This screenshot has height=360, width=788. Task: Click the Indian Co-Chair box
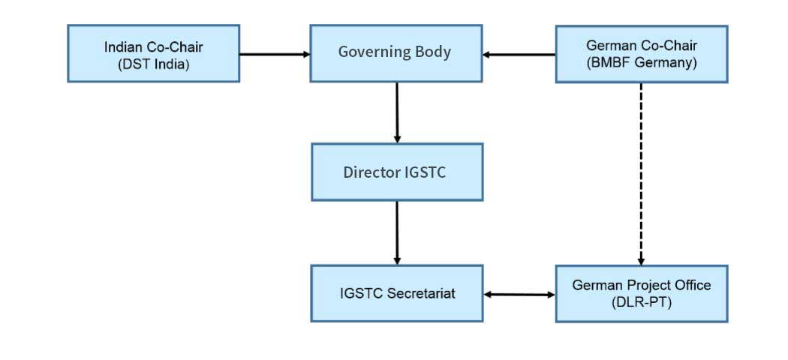tap(153, 53)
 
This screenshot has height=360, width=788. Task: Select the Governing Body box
tap(396, 53)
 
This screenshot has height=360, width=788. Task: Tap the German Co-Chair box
tap(641, 54)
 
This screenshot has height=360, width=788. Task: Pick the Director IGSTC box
tap(397, 172)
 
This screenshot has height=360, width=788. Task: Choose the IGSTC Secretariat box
tap(397, 293)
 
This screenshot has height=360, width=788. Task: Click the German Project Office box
tap(641, 294)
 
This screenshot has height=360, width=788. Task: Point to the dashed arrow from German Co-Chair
tap(641, 174)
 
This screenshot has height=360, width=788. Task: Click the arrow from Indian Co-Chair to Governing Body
tap(275, 54)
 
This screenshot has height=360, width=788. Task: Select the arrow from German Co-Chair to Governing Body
tap(519, 54)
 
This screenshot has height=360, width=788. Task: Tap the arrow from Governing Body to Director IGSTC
tap(397, 112)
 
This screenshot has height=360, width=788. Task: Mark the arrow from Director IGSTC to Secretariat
tap(397, 233)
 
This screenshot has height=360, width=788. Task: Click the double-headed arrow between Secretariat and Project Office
tap(519, 295)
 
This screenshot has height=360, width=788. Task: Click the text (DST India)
tap(153, 64)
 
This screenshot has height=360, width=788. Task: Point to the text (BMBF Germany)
tap(641, 63)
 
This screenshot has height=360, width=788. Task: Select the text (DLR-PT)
tap(641, 303)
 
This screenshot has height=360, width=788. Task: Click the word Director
tap(372, 172)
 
